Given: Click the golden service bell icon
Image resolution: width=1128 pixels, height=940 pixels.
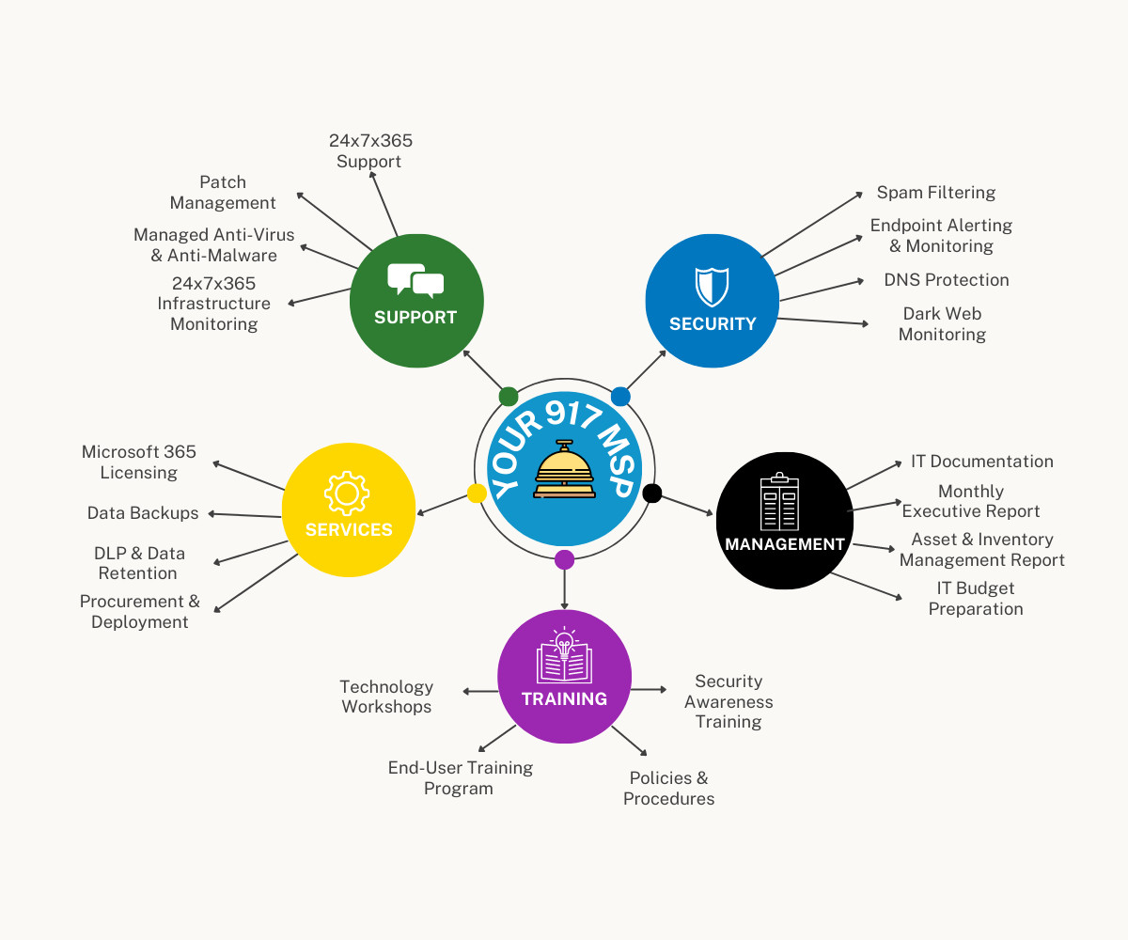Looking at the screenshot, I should (x=564, y=470).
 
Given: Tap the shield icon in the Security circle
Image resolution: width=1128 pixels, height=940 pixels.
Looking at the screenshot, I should (x=712, y=284).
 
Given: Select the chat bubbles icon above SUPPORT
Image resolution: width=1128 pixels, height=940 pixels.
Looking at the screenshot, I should (x=415, y=281).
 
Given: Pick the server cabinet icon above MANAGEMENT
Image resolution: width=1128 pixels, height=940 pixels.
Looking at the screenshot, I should (x=779, y=503).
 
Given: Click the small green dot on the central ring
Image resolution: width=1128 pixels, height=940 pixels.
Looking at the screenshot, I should (x=509, y=396).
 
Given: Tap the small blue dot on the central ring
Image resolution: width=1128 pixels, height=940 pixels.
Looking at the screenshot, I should (x=620, y=396).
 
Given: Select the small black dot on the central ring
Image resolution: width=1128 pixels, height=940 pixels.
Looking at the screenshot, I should (x=652, y=493).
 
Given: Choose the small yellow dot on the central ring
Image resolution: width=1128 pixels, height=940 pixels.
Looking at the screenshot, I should (x=477, y=493).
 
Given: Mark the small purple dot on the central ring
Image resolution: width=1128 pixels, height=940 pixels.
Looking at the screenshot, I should (x=564, y=560).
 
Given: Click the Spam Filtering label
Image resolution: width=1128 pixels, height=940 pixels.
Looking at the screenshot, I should (x=935, y=193).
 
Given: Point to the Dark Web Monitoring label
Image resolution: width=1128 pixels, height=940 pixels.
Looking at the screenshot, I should (x=942, y=324).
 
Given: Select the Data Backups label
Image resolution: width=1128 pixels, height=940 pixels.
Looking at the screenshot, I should (x=143, y=513).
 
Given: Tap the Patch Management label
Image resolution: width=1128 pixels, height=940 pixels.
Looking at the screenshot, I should (x=223, y=193).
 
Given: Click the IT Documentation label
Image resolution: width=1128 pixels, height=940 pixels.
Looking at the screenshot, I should (x=981, y=462).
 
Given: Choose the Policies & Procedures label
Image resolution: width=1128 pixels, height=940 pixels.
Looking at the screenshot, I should (x=668, y=789).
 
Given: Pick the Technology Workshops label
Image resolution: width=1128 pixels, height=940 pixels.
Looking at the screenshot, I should (x=386, y=697).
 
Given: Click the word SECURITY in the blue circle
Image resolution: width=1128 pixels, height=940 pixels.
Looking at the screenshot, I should (x=713, y=323).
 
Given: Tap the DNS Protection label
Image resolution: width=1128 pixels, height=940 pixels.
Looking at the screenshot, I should (x=946, y=280).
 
